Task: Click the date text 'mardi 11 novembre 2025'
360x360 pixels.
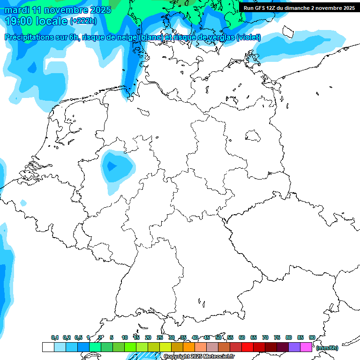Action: click(58, 10)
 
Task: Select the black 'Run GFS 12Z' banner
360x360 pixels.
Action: click(299, 7)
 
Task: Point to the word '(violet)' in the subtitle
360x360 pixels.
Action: click(248, 37)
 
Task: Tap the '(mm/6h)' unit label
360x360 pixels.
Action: click(327, 348)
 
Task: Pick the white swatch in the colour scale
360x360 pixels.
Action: click(48, 347)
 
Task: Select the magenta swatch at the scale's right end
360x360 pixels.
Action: click(306, 347)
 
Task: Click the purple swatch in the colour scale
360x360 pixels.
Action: click(294, 347)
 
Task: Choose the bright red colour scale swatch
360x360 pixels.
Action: click(247, 347)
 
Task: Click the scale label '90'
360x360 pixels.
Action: click(312, 337)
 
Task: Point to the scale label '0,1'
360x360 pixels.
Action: click(55, 337)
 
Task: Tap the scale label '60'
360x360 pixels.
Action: click(242, 337)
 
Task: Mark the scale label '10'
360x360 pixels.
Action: click(125, 337)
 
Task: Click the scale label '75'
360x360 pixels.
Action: click(277, 337)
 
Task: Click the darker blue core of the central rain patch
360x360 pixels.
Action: click(112, 166)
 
